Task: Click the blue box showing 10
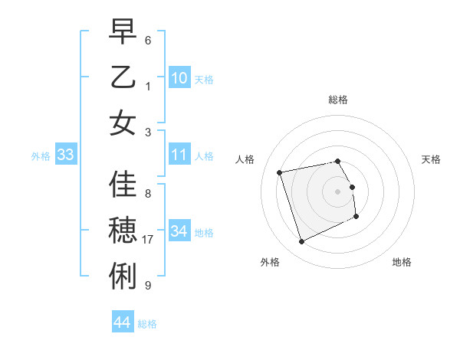(x=179, y=77)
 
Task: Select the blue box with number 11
(x=179, y=155)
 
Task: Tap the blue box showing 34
(x=179, y=231)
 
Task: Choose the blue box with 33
(x=65, y=155)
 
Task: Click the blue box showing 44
(x=122, y=322)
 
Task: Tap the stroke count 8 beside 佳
(x=148, y=192)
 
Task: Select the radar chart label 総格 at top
(x=338, y=100)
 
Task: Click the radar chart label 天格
(x=432, y=159)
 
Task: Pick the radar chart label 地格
(x=402, y=262)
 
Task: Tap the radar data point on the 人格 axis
(x=280, y=172)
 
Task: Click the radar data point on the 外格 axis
(x=301, y=242)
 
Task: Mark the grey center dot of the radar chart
(x=338, y=191)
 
